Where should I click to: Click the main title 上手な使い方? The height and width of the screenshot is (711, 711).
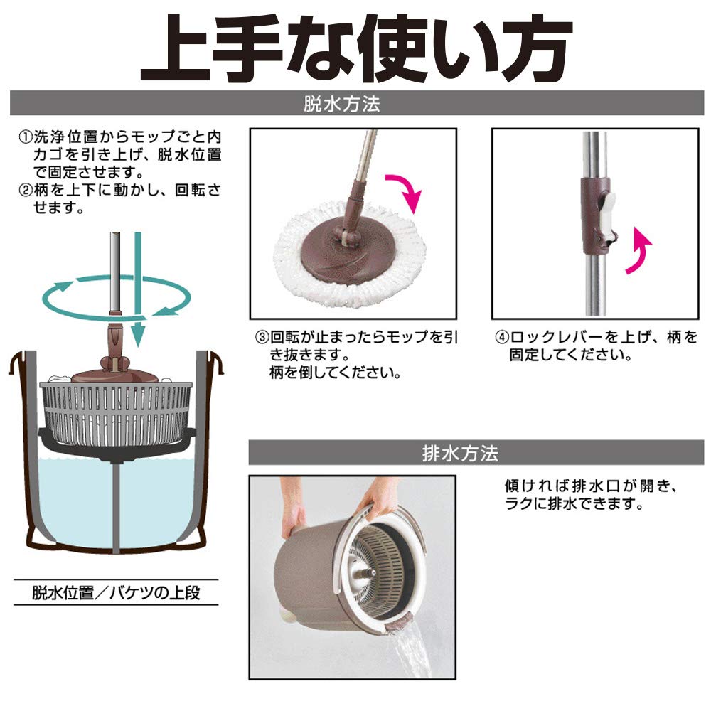(356, 48)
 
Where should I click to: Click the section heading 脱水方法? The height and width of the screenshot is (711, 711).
(342, 104)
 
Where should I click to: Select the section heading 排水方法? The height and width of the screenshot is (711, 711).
(460, 453)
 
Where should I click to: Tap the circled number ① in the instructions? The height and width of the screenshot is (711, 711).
(26, 137)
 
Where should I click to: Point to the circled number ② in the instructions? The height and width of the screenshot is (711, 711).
(26, 190)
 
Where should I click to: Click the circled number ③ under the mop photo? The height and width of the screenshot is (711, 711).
(262, 337)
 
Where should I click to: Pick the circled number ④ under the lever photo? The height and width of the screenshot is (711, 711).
(502, 338)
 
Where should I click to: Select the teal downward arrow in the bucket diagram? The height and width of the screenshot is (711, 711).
(139, 290)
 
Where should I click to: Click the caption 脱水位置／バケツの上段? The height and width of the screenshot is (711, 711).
(116, 593)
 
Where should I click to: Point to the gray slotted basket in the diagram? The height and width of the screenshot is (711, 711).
(116, 411)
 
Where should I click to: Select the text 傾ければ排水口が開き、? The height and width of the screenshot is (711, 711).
(592, 486)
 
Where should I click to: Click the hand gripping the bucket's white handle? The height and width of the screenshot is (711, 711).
(378, 496)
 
